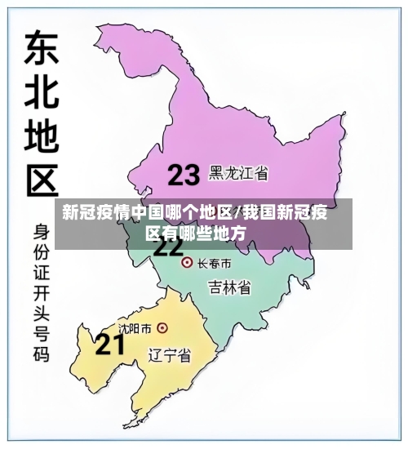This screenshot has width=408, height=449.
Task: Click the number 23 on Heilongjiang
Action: (x=184, y=174)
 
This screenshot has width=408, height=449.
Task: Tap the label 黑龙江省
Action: (x=239, y=173)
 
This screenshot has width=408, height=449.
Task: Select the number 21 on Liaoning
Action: (x=111, y=345)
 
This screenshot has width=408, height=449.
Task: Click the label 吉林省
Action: (x=229, y=287)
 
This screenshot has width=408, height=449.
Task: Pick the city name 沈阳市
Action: (x=135, y=328)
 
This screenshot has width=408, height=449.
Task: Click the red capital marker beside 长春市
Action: (x=186, y=263)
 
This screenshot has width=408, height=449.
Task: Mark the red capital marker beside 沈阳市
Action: (x=162, y=328)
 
